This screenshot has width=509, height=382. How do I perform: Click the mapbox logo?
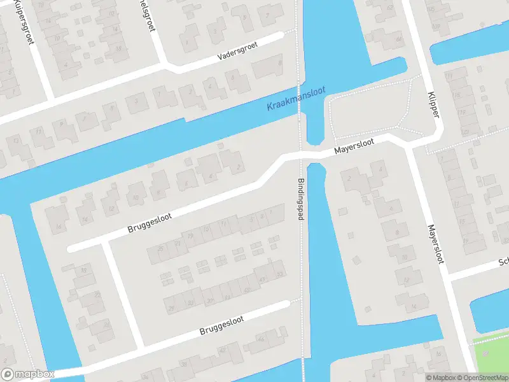(x=27, y=374)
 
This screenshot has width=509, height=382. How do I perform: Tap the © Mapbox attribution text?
(x=441, y=378)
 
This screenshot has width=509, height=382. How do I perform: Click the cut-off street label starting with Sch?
(x=503, y=262)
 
